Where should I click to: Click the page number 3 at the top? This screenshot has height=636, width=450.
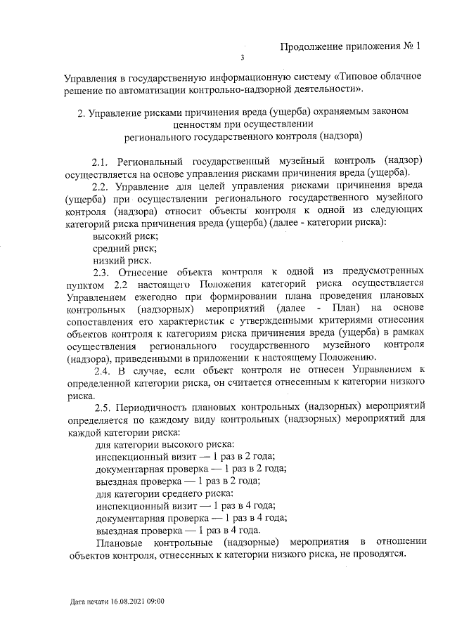[x=242, y=59]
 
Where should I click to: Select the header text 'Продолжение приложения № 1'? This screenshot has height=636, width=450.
[x=349, y=48]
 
